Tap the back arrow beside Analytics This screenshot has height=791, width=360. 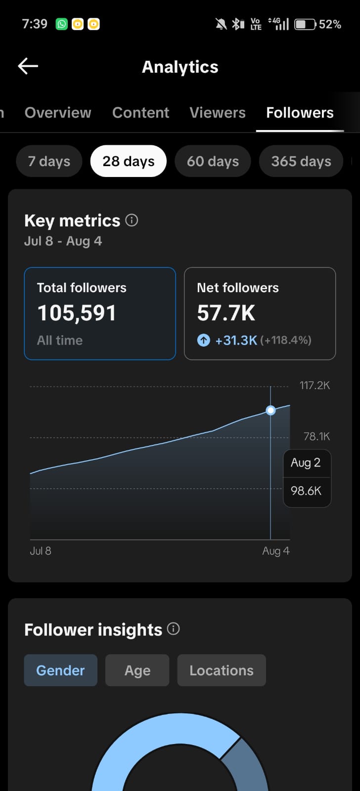coord(28,66)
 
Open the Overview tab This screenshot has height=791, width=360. coord(58,113)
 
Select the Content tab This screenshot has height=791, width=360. coord(140,113)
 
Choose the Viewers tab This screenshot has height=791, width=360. coord(218,113)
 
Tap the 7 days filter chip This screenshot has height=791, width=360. coord(49,161)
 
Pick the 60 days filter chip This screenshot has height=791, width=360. coord(213,161)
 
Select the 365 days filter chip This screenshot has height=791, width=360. coord(301,161)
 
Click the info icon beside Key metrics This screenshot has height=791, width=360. coord(132,220)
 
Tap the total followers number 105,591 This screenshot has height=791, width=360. coord(77,313)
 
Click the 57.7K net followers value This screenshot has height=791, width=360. coord(226,313)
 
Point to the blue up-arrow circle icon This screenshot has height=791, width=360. coord(204,341)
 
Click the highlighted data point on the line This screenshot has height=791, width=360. coord(270,410)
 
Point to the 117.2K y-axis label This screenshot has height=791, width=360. coord(315,385)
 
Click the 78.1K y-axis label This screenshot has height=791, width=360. coord(317,437)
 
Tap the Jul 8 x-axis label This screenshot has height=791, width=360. coord(41,551)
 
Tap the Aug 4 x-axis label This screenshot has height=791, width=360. coord(276,551)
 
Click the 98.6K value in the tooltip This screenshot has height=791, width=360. coord(306,490)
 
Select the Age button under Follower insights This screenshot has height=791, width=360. coord(137,670)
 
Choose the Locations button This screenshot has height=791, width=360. coord(222,670)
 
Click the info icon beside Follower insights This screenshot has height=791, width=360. coord(174,628)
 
